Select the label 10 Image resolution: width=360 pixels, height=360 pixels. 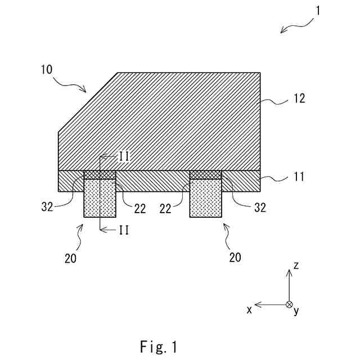(47, 70)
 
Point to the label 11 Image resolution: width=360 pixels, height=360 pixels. (299, 177)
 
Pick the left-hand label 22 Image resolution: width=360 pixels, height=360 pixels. (139, 209)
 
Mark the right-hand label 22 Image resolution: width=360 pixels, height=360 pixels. (165, 209)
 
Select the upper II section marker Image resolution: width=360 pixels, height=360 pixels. (124, 156)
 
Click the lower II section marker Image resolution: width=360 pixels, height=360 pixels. (123, 230)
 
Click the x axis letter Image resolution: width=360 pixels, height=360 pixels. (249, 310)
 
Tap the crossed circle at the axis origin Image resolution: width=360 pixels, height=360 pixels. (289, 304)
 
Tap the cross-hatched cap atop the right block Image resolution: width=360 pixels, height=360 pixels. (206, 175)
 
